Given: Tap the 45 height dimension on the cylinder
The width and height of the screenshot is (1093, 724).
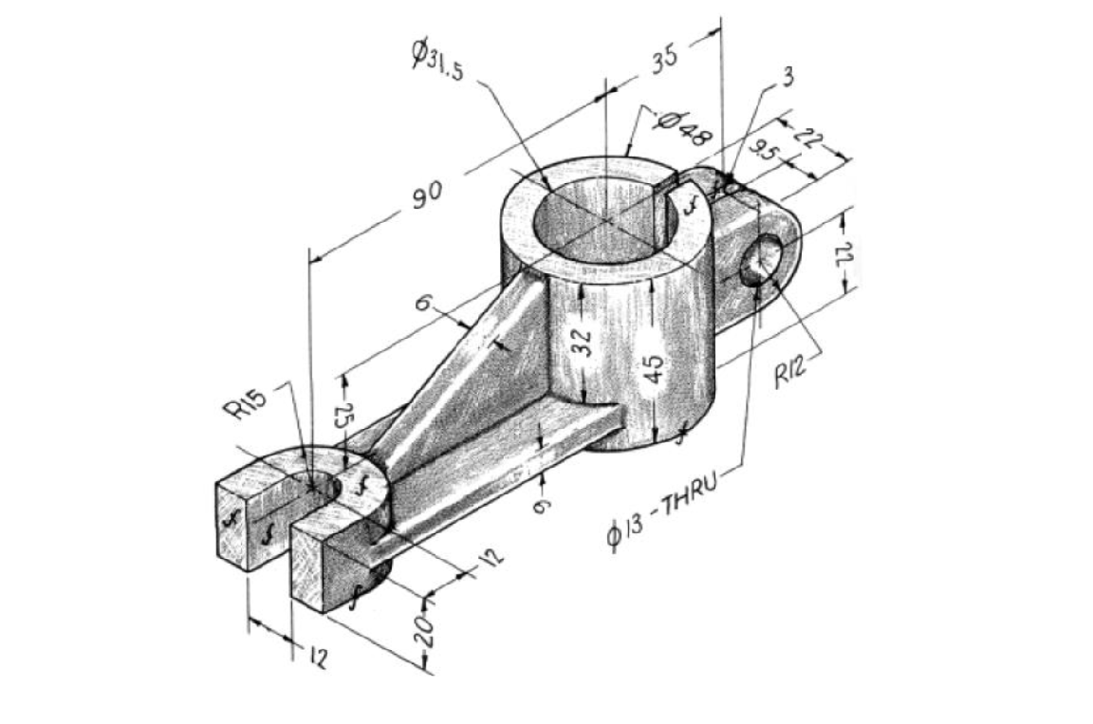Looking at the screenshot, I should (655, 369).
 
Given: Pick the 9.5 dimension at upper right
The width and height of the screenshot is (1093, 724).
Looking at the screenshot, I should (765, 152).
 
